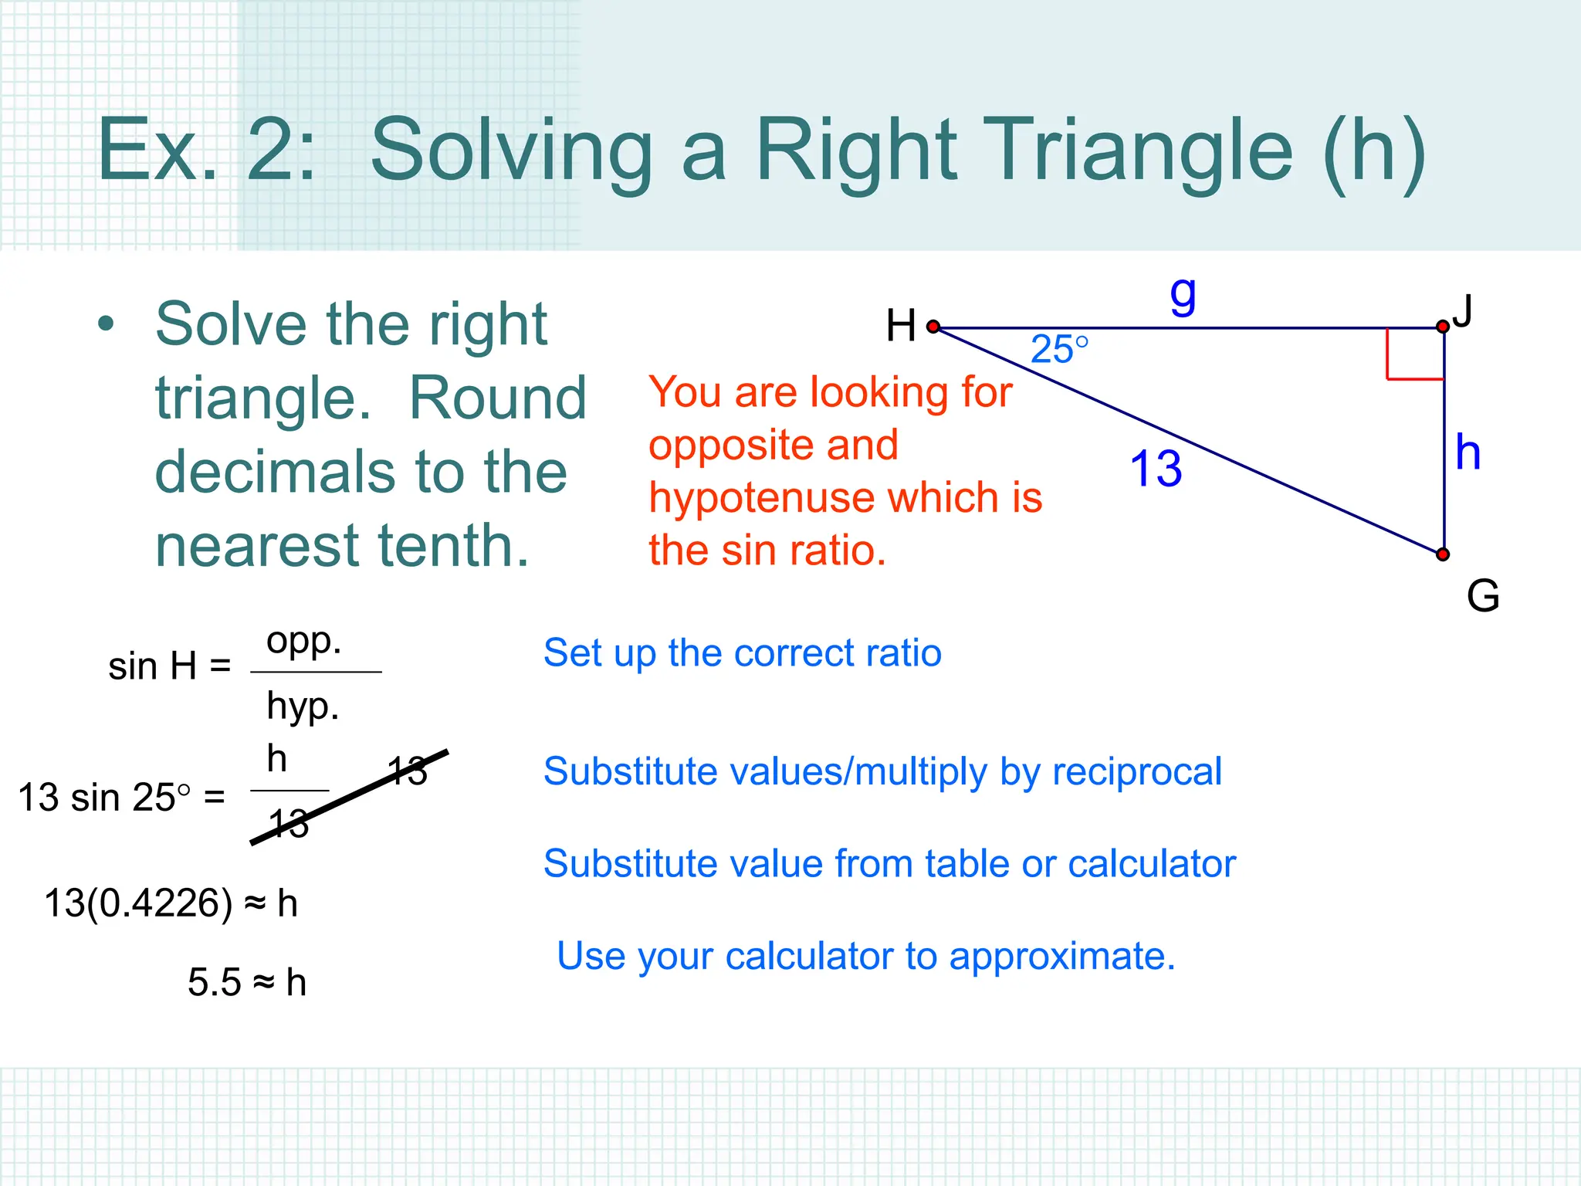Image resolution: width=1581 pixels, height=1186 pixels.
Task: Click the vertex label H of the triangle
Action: tap(900, 325)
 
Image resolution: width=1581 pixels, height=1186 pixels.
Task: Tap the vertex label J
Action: tap(1462, 311)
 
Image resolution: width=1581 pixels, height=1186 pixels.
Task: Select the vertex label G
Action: tap(1482, 596)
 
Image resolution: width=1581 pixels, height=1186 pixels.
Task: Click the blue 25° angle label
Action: tap(1059, 350)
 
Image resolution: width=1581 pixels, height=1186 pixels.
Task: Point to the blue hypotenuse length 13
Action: tap(1156, 469)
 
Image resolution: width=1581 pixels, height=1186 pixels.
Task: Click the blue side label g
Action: tap(1183, 294)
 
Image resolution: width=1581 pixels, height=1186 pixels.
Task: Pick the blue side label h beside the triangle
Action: tap(1468, 452)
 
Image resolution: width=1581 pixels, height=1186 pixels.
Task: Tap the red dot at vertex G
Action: tap(1442, 554)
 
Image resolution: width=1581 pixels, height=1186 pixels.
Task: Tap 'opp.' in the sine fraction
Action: tap(303, 641)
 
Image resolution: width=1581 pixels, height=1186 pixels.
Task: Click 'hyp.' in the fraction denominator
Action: tap(303, 706)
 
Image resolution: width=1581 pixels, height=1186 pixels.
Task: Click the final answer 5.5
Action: tap(214, 983)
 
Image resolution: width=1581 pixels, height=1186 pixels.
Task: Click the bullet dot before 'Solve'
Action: tap(106, 324)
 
